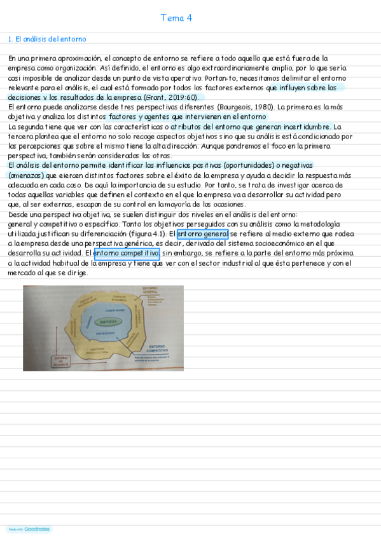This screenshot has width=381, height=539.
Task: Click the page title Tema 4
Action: pos(176,18)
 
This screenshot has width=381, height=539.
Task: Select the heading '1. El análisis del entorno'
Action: pos(47,39)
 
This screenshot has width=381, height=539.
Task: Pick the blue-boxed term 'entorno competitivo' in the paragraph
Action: pos(127,253)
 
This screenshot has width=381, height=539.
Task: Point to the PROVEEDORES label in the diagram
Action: pos(106,333)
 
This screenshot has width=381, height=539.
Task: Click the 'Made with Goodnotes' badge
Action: pos(29,529)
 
